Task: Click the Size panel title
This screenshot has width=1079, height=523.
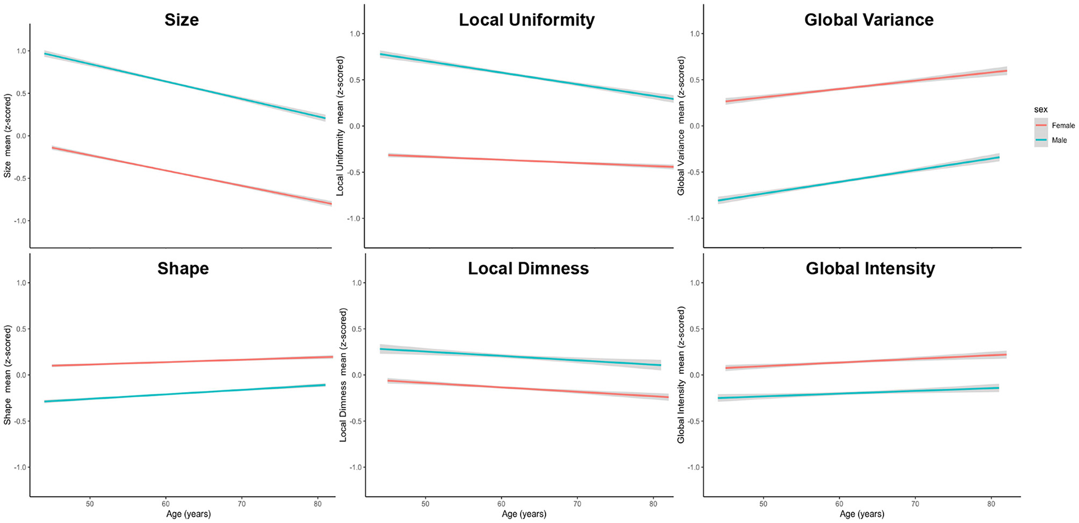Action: point(181,20)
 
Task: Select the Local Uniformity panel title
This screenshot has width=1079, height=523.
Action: point(526,20)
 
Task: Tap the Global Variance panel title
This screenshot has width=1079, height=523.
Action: point(868,20)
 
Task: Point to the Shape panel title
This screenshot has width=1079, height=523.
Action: point(183,269)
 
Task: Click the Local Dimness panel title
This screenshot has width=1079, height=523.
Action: point(528,269)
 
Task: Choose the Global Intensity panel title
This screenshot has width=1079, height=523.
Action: point(870,269)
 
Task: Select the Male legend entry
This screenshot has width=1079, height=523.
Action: point(1059,140)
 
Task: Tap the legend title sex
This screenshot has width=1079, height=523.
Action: point(1041,110)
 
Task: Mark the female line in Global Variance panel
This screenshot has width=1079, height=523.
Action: point(865,86)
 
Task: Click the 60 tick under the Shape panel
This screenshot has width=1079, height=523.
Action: point(166,504)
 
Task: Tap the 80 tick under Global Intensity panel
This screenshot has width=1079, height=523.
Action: point(991,504)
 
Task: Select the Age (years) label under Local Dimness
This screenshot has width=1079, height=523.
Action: point(524,514)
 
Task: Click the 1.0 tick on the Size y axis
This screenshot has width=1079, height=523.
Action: point(21,51)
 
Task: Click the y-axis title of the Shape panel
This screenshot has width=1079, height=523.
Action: point(8,374)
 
